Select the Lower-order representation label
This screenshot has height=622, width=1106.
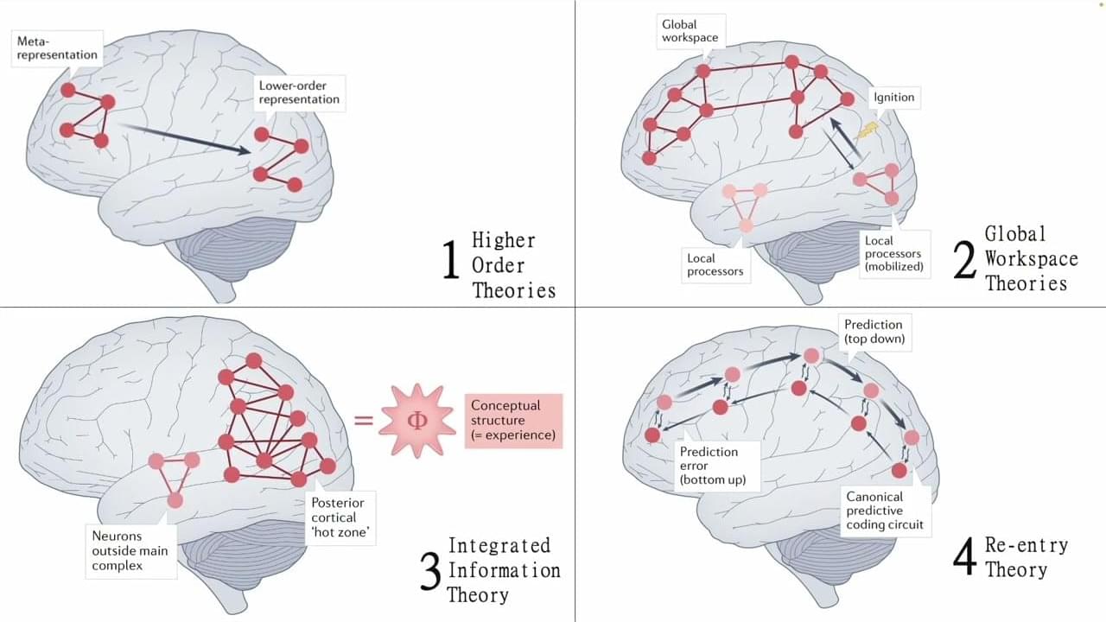pos(299,92)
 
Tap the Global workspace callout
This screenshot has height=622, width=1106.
pos(690,31)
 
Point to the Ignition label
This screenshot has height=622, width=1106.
pos(893,97)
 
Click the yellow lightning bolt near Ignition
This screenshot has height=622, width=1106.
pos(868,130)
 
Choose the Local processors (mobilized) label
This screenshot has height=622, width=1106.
pos(893,254)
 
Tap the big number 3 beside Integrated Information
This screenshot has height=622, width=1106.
pos(429,571)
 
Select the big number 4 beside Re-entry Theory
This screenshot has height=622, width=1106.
pos(964,557)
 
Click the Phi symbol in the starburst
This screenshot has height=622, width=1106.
pos(416,421)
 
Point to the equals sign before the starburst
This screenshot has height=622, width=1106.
pos(365,421)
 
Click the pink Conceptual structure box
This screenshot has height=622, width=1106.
pos(512,421)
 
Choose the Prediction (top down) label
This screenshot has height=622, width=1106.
pos(874,332)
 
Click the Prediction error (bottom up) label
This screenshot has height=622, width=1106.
pos(709,465)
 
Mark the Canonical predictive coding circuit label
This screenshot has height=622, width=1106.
pos(886,511)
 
